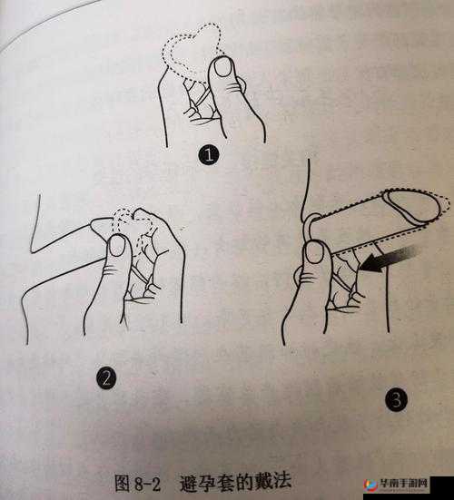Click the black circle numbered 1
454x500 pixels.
click(x=209, y=155)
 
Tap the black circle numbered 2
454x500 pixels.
click(x=106, y=377)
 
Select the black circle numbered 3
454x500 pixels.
click(x=396, y=400)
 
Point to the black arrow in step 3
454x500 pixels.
click(x=388, y=260)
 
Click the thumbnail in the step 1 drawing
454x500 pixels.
click(x=222, y=67)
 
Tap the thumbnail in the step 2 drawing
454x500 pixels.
click(x=117, y=246)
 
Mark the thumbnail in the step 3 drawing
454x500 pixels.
click(x=315, y=252)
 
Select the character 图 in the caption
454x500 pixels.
click(x=123, y=483)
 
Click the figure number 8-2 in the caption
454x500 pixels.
click(x=147, y=484)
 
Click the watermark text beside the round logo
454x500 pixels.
click(x=403, y=484)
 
